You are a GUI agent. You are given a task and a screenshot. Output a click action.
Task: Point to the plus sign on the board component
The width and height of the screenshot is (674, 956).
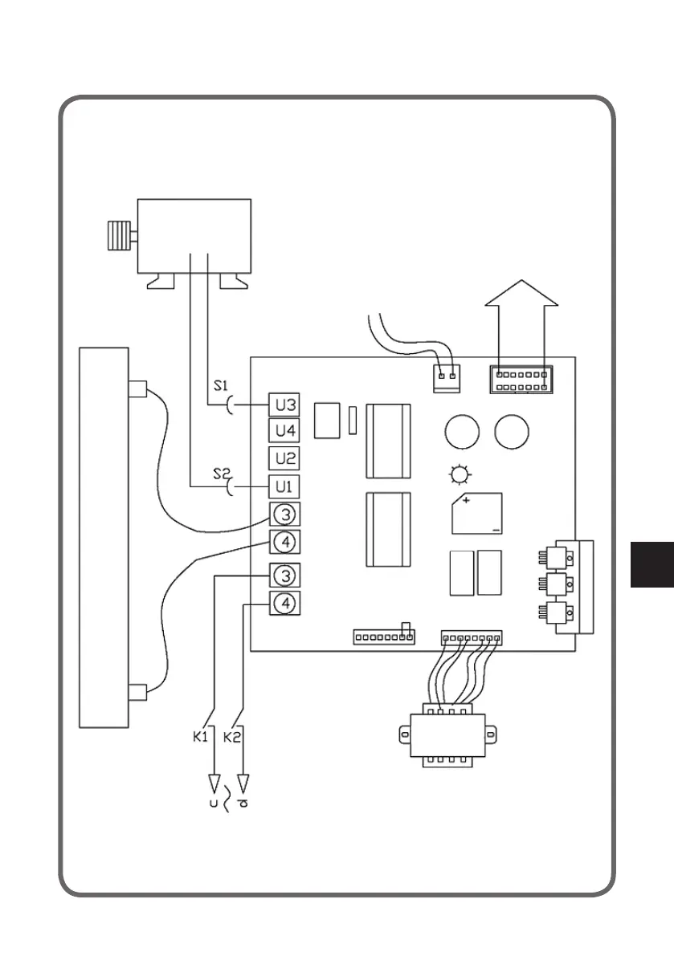(467, 500)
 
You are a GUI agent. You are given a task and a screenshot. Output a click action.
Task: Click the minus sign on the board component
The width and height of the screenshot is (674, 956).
(496, 530)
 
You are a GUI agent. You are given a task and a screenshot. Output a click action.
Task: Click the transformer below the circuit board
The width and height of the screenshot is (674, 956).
(446, 734)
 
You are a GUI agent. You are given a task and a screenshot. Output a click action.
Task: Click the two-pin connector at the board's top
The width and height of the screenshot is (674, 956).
(447, 378)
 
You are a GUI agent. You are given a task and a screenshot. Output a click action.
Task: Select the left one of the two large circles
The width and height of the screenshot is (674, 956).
(461, 432)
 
